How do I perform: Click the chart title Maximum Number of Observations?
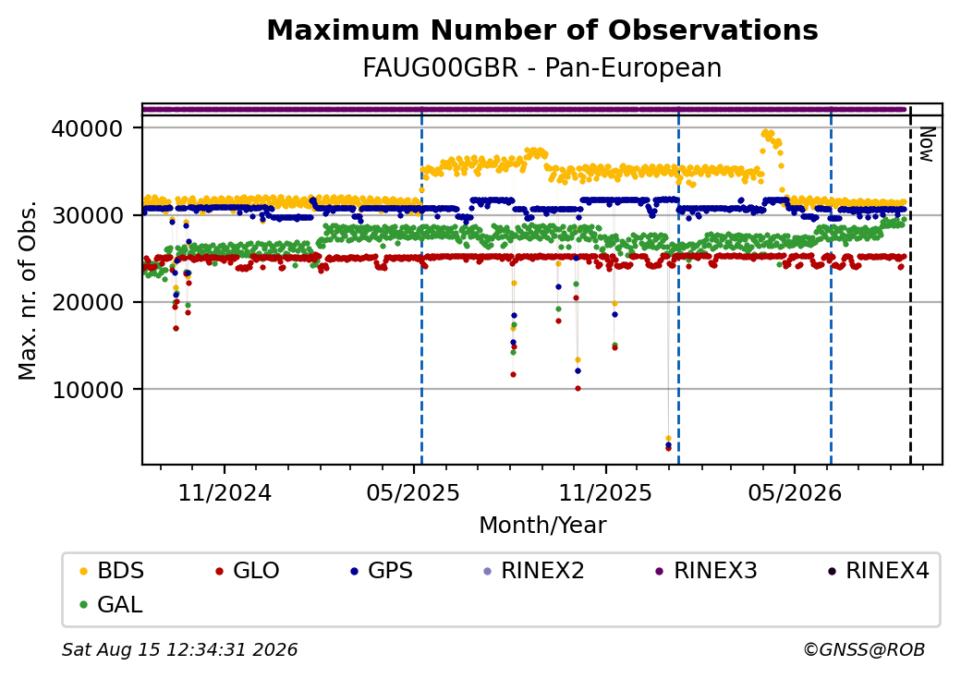542,30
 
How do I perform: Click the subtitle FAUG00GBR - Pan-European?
542,68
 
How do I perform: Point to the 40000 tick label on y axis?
88,128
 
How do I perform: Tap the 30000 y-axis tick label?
88,215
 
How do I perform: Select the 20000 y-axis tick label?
88,303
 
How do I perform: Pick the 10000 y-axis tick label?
88,390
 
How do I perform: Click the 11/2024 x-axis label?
225,493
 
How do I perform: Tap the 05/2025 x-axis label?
413,493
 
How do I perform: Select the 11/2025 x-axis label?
605,493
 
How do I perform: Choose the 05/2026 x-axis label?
795,493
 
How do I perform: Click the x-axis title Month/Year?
542,526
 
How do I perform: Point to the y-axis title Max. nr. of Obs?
28,289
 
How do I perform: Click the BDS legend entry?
112,571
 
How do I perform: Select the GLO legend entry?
248,571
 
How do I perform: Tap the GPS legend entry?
382,571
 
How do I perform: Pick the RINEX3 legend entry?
706,571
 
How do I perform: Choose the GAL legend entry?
112,604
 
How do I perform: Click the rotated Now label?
928,144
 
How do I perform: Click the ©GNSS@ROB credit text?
864,649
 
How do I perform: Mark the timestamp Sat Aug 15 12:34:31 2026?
180,649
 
